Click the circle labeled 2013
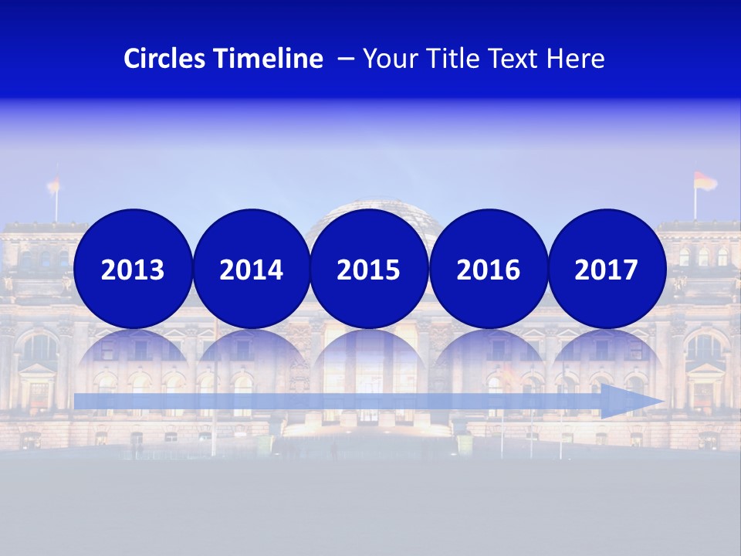[133, 269]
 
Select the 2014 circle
[251, 269]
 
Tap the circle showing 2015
[369, 269]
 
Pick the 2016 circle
[488, 269]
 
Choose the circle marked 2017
[607, 269]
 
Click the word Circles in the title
[164, 59]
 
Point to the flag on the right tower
[704, 182]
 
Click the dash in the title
[346, 59]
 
